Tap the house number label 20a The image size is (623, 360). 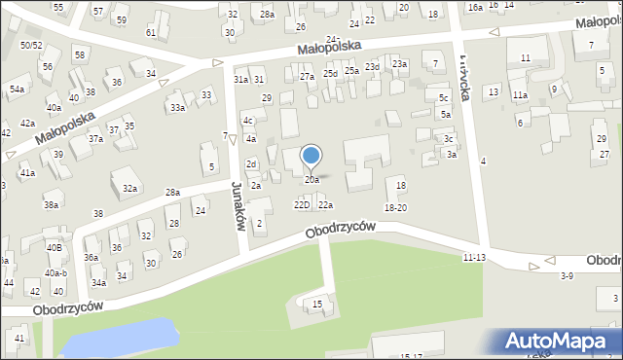tap(311, 180)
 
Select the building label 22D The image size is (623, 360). tap(302, 204)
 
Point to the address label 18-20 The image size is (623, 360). tap(395, 207)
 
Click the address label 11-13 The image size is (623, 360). tap(475, 257)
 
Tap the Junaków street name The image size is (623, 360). tap(237, 207)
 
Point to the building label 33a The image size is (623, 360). tap(176, 108)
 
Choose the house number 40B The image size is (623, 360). tap(54, 247)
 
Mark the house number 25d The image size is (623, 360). tap(331, 73)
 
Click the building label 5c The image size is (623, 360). tap(444, 98)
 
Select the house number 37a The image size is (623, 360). tap(95, 139)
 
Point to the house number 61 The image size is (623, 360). tap(151, 32)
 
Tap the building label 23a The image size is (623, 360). tap(399, 63)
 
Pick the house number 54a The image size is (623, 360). tap(17, 89)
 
